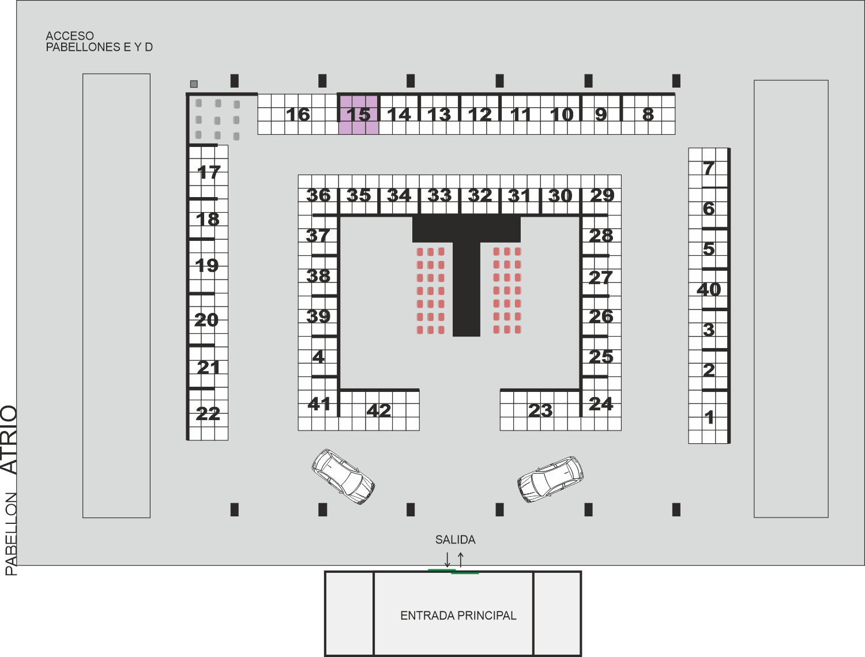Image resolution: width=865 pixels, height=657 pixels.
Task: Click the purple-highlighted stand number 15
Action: (358, 115)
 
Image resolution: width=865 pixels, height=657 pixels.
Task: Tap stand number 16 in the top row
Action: (298, 115)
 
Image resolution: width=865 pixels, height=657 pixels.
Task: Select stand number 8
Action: (648, 115)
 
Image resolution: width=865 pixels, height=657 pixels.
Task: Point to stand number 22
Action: (208, 414)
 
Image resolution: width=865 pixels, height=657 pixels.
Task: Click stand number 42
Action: (379, 410)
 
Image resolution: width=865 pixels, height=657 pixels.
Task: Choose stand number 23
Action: (540, 410)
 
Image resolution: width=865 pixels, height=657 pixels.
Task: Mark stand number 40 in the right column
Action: (709, 290)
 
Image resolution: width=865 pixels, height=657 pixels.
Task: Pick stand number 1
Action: (709, 417)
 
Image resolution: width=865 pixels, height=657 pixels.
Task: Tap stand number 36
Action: (318, 195)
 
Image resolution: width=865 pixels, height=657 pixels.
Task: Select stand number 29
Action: (602, 195)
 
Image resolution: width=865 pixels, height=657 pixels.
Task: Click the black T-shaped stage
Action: (466, 236)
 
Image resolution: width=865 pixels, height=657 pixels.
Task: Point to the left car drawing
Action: (343, 477)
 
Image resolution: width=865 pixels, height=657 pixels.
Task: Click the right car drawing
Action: (550, 479)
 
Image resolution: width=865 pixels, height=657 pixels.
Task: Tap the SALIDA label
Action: (455, 539)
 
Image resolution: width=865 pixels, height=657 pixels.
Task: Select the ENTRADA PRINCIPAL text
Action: (458, 616)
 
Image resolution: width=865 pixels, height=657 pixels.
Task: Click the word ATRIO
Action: (9, 440)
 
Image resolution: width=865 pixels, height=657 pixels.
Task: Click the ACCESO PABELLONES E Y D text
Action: (99, 41)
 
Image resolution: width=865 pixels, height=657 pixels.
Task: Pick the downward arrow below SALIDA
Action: (447, 560)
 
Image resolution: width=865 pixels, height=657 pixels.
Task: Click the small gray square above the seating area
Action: (194, 84)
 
